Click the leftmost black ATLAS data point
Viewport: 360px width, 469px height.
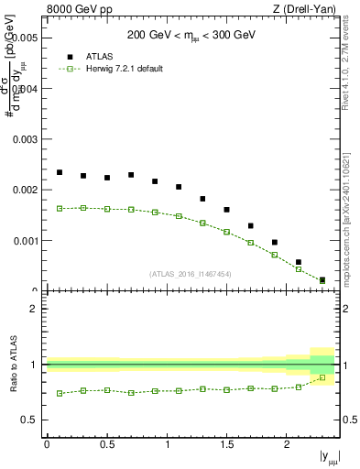tap(60, 172)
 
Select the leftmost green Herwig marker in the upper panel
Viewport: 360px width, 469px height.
tap(60, 208)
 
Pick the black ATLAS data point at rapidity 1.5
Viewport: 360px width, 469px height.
tap(227, 210)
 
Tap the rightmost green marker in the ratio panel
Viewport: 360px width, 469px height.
tap(322, 377)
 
